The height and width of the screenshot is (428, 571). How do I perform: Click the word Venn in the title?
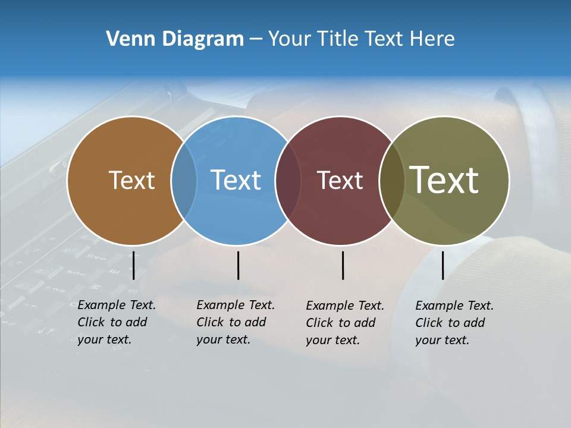(x=126, y=39)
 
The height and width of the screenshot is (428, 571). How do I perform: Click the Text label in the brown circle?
(x=131, y=180)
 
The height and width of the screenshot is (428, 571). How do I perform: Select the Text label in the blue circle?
(x=236, y=180)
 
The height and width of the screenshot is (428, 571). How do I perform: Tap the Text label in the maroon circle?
(x=340, y=180)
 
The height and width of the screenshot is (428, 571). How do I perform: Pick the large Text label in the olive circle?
(x=444, y=180)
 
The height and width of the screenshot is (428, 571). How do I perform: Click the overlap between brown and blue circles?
(x=184, y=181)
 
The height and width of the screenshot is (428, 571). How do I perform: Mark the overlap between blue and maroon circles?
(x=288, y=181)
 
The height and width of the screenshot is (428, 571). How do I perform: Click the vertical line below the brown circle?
(x=134, y=265)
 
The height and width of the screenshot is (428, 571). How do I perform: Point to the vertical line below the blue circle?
(x=238, y=265)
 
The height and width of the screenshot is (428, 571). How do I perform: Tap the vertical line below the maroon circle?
(x=343, y=265)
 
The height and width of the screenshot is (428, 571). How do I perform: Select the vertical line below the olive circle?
(x=443, y=265)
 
